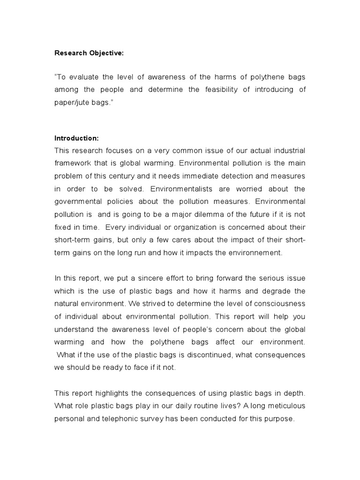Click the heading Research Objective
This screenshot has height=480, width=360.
[x=89, y=53]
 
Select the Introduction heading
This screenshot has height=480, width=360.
[x=77, y=138]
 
